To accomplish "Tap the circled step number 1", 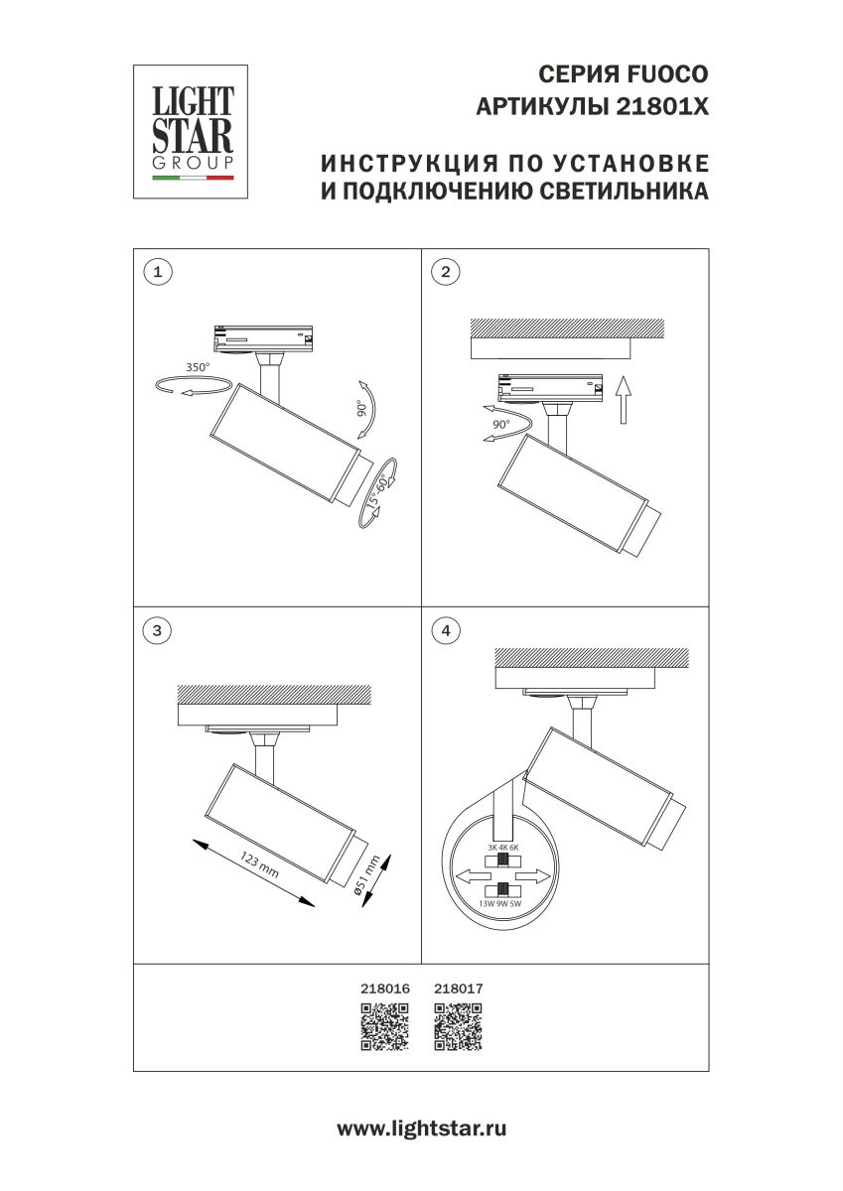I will (156, 271).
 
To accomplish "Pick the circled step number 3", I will (156, 629).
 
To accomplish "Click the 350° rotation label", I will (197, 367).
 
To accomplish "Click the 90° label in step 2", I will (500, 424).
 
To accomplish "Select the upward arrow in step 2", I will (623, 399).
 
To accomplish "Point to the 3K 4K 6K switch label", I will (503, 847).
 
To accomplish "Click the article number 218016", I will (384, 989).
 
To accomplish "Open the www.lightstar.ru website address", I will (422, 1128).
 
